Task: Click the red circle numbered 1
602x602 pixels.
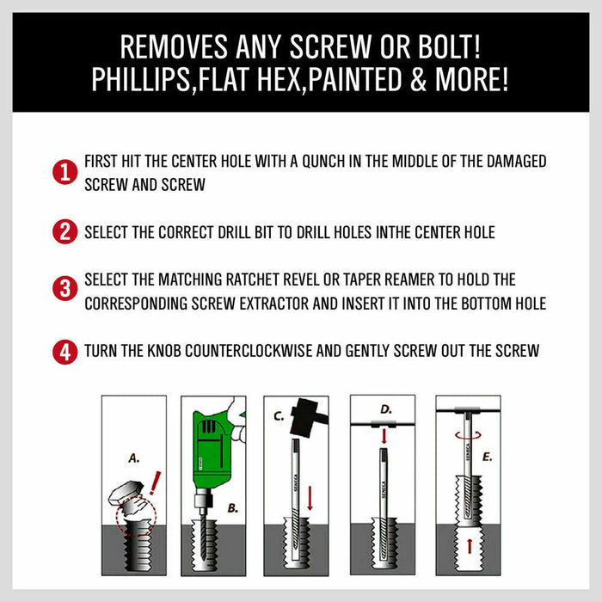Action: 64,173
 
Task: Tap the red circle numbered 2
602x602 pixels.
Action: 64,232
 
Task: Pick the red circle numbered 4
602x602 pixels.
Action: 64,351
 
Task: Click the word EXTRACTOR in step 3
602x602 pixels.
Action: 316,303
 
